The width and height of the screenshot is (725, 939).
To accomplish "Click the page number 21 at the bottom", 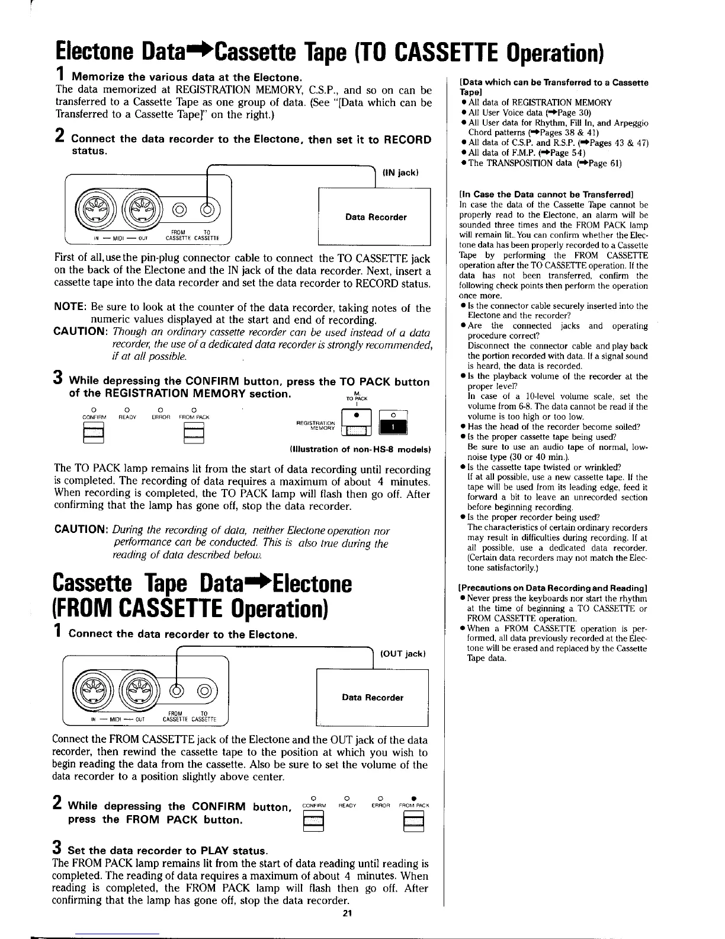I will click(347, 913).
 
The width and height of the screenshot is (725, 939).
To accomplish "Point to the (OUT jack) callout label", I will click(403, 654).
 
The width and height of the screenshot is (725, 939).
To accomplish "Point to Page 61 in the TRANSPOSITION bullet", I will click(605, 163).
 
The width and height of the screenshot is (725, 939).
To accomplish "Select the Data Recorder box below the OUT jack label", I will click(373, 697).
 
